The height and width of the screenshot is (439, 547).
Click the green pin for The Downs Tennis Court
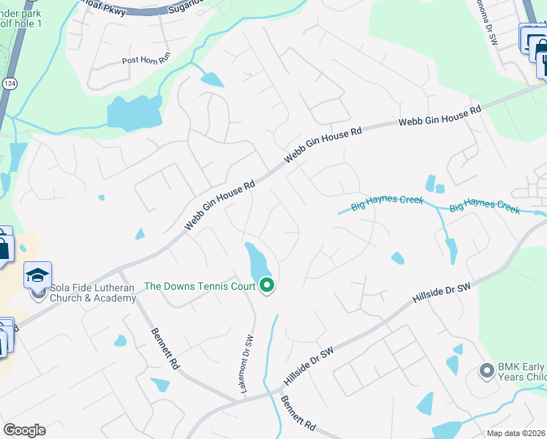coord(267,285)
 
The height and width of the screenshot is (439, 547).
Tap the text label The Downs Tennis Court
coord(200,286)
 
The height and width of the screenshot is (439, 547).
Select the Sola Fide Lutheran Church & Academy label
coord(88,293)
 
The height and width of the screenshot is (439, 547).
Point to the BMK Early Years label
coord(523,372)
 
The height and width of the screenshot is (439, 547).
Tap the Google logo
coord(24,430)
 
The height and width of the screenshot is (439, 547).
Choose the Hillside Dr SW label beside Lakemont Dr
coord(309,367)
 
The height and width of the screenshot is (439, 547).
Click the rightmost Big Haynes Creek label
coord(484,208)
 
